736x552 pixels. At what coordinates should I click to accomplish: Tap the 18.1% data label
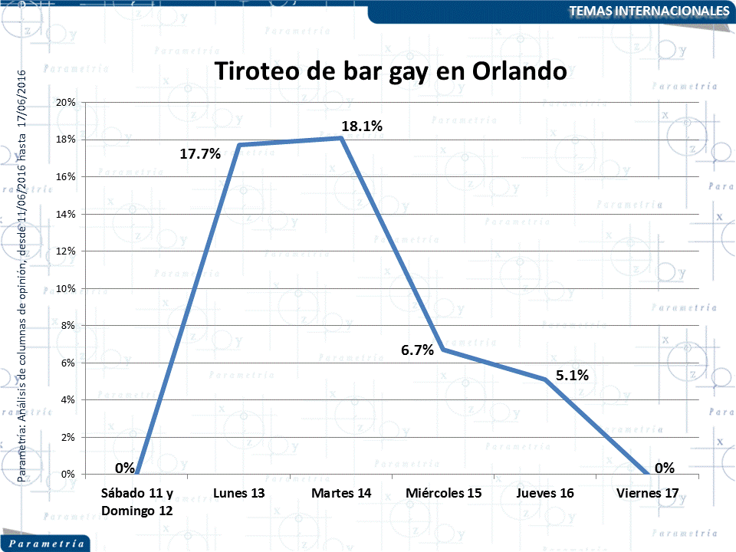[x=361, y=126]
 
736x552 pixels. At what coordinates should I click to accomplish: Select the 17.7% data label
[x=200, y=154]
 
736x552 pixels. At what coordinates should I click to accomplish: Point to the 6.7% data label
[x=418, y=350]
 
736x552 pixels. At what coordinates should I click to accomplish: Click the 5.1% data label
[x=572, y=375]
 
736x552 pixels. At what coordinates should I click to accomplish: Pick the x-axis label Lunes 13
[x=238, y=493]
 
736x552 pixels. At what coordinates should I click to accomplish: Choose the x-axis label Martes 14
[x=341, y=493]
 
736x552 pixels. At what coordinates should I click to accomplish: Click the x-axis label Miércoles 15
[x=444, y=493]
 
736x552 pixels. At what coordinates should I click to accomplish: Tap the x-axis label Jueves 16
[x=545, y=493]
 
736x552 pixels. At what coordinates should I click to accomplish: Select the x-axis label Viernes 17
[x=648, y=493]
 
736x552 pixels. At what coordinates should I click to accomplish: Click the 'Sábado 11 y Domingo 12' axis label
[x=137, y=501]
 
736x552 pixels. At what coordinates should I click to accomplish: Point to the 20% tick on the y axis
[x=65, y=102]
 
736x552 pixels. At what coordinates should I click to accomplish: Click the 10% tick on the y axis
[x=65, y=288]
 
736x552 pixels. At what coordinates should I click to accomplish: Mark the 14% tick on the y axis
[x=65, y=214]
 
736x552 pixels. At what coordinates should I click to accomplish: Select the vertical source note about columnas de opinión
[x=22, y=276]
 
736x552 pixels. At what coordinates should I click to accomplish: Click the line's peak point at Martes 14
[x=341, y=137]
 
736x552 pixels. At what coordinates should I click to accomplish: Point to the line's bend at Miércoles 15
[x=444, y=350]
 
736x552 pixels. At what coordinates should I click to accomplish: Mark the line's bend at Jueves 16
[x=545, y=379]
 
